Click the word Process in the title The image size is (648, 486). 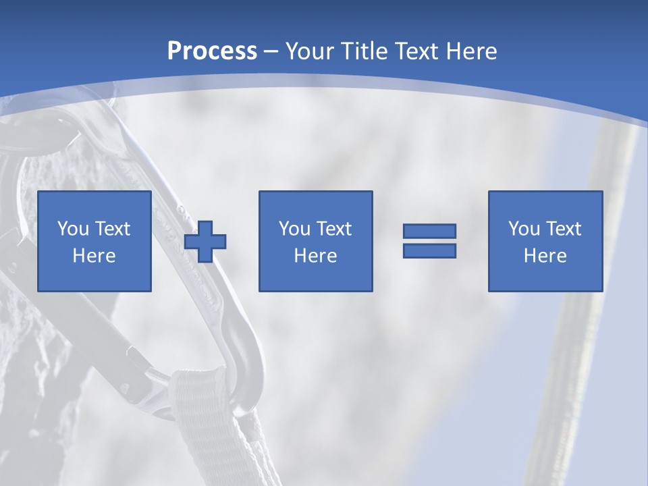point(212,51)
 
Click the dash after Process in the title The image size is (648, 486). point(271,52)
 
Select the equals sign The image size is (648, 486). point(429,241)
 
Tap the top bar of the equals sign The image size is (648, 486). point(429,232)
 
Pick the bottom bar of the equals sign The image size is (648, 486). point(429,251)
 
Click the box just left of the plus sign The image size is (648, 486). point(94,242)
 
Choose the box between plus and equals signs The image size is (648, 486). point(315,242)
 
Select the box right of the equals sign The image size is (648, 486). point(545,242)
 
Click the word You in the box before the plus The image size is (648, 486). point(72,229)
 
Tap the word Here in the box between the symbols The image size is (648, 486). point(315,256)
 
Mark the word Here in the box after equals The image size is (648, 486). point(545,256)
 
